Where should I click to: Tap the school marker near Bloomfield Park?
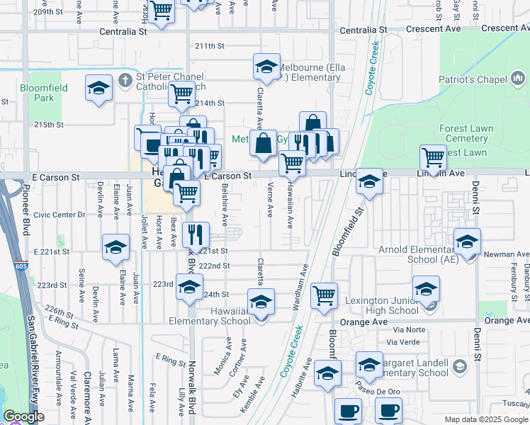(x=98, y=89)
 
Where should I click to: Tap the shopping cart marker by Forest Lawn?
(x=432, y=157)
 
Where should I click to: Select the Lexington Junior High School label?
(x=382, y=305)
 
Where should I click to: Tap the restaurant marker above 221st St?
(x=196, y=234)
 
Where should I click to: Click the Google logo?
(x=24, y=416)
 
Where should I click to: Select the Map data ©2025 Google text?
(x=485, y=419)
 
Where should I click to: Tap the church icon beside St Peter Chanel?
(x=125, y=77)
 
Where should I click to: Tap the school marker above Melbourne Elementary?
(x=266, y=67)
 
